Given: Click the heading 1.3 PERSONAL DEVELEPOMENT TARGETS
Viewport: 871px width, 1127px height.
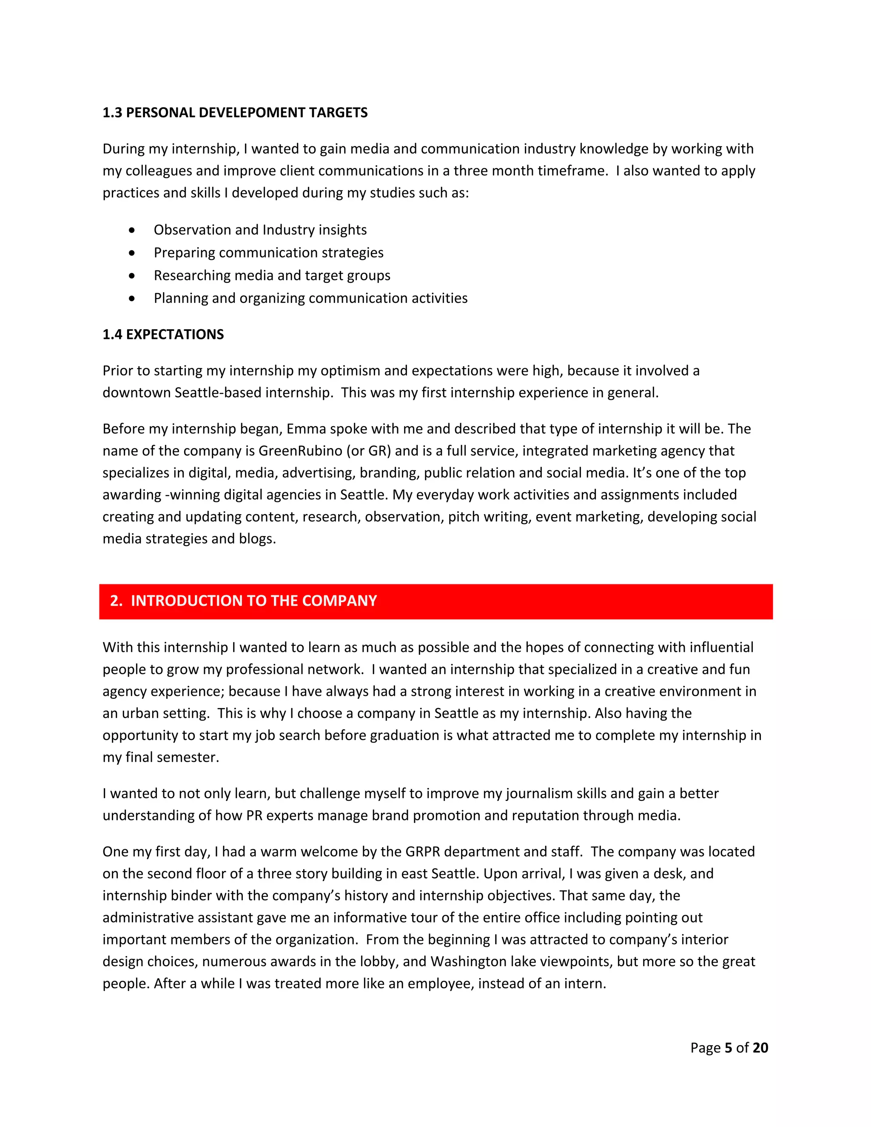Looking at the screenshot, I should pos(235,113).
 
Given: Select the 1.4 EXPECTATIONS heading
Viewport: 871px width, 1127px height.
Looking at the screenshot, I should pos(163,334).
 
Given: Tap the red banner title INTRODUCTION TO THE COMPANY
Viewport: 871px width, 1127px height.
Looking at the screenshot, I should pos(253,600).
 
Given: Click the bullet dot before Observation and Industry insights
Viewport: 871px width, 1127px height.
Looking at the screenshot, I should pos(132,230).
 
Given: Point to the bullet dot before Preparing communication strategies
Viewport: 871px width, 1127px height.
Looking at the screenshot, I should pos(132,253).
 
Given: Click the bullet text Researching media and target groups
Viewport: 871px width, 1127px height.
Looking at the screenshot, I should pos(272,276).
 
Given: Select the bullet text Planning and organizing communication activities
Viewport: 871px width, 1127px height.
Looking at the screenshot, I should pos(310,298).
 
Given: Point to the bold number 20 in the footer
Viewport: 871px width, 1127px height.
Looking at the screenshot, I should pos(760,1047).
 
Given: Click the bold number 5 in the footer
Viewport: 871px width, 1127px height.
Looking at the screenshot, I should pos(728,1047).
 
